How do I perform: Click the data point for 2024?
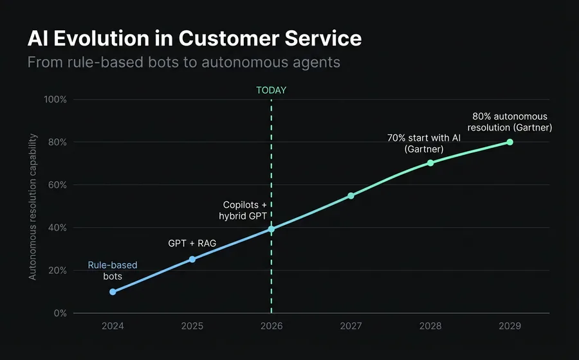tap(113, 292)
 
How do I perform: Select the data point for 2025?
tap(192, 259)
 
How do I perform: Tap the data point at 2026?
tap(271, 229)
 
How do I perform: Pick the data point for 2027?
tap(351, 195)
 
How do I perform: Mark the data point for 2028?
tap(430, 163)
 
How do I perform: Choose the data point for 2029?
tap(510, 142)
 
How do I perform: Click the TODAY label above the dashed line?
tap(271, 90)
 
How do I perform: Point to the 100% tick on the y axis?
tap(55, 100)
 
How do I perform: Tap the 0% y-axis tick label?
tap(60, 313)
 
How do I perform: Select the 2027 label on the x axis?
tap(351, 326)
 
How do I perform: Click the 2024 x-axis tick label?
tap(113, 326)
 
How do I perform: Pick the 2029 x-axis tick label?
tap(510, 326)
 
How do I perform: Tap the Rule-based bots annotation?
tap(113, 271)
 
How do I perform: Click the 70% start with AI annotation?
tap(423, 143)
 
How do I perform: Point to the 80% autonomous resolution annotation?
tap(510, 122)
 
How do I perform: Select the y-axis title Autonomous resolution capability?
tap(33, 207)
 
